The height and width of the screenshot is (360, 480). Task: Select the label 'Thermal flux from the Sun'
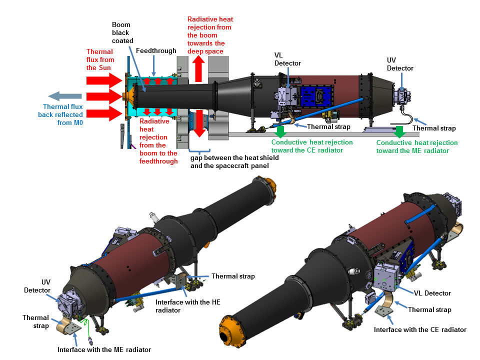pyautogui.click(x=100, y=59)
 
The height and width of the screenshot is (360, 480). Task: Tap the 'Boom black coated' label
pyautogui.click(x=120, y=32)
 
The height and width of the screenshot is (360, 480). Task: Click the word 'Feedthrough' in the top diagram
pyautogui.click(x=156, y=50)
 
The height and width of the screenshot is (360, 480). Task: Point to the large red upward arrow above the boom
pyautogui.click(x=198, y=69)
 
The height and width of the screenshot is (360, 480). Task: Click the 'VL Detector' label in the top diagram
pyautogui.click(x=287, y=58)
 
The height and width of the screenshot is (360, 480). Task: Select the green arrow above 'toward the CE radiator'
pyautogui.click(x=281, y=131)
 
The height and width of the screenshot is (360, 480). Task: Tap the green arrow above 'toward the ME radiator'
pyautogui.click(x=399, y=131)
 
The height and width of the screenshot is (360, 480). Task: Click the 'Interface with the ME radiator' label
pyautogui.click(x=104, y=349)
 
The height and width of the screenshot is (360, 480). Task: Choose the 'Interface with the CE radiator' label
pyautogui.click(x=420, y=329)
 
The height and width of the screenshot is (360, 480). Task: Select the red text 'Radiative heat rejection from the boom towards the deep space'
pyautogui.click(x=210, y=35)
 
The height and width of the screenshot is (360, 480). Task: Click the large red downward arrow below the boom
pyautogui.click(x=198, y=124)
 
